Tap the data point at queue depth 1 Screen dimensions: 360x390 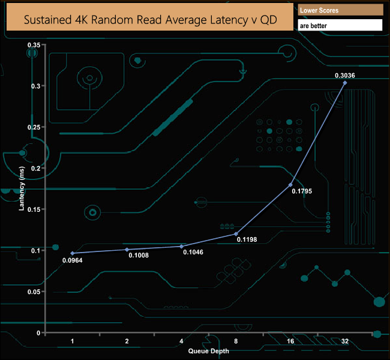point(73,253)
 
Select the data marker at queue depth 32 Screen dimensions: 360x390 point(345,83)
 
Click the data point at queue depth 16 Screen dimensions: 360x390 point(290,185)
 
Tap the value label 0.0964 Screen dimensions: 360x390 point(72,260)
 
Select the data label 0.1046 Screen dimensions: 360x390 point(193,253)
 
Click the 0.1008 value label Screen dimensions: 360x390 point(139,255)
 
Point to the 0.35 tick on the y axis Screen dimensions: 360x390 point(34,45)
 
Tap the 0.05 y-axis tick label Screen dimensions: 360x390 point(34,292)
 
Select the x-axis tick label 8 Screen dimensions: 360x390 point(236,341)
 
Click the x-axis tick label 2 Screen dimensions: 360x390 point(127,341)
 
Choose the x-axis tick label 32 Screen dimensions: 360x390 point(345,341)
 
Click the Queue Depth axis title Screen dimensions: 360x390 point(208,351)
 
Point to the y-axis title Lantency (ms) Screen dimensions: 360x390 point(22,189)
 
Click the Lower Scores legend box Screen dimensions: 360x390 point(340,10)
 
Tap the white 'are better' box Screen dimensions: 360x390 point(340,25)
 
